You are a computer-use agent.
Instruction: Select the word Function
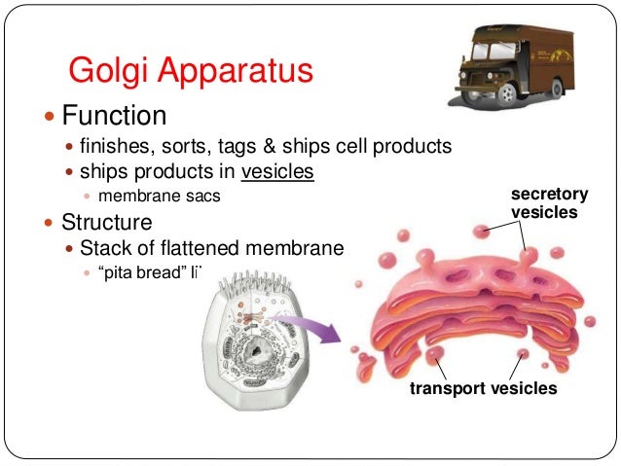click(x=114, y=117)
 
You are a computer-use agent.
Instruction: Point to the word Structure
click(x=107, y=221)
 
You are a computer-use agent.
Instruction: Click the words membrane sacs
click(x=164, y=196)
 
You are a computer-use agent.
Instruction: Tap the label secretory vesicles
click(x=549, y=203)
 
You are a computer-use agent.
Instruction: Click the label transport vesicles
click(x=483, y=388)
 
